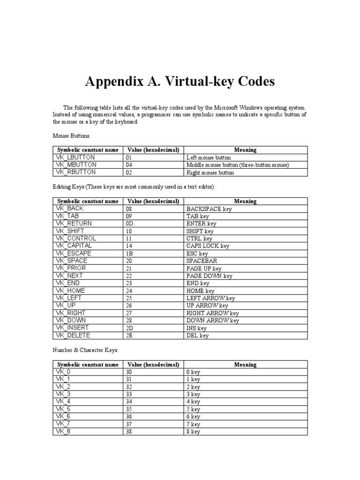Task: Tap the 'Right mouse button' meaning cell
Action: (210, 172)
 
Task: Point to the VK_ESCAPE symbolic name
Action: (74, 253)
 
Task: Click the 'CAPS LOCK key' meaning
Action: (208, 246)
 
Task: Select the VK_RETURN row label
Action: (74, 224)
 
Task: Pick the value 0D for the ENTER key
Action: (129, 224)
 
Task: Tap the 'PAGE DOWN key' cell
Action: (209, 276)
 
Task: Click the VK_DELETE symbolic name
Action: (73, 336)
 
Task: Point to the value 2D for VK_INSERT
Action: (129, 328)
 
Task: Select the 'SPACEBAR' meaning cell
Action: (202, 261)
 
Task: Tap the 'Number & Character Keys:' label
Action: (86, 350)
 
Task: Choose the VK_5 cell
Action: (63, 409)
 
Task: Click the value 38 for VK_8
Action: (129, 432)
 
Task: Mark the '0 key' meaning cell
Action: (193, 372)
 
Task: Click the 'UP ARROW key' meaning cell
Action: (207, 306)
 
